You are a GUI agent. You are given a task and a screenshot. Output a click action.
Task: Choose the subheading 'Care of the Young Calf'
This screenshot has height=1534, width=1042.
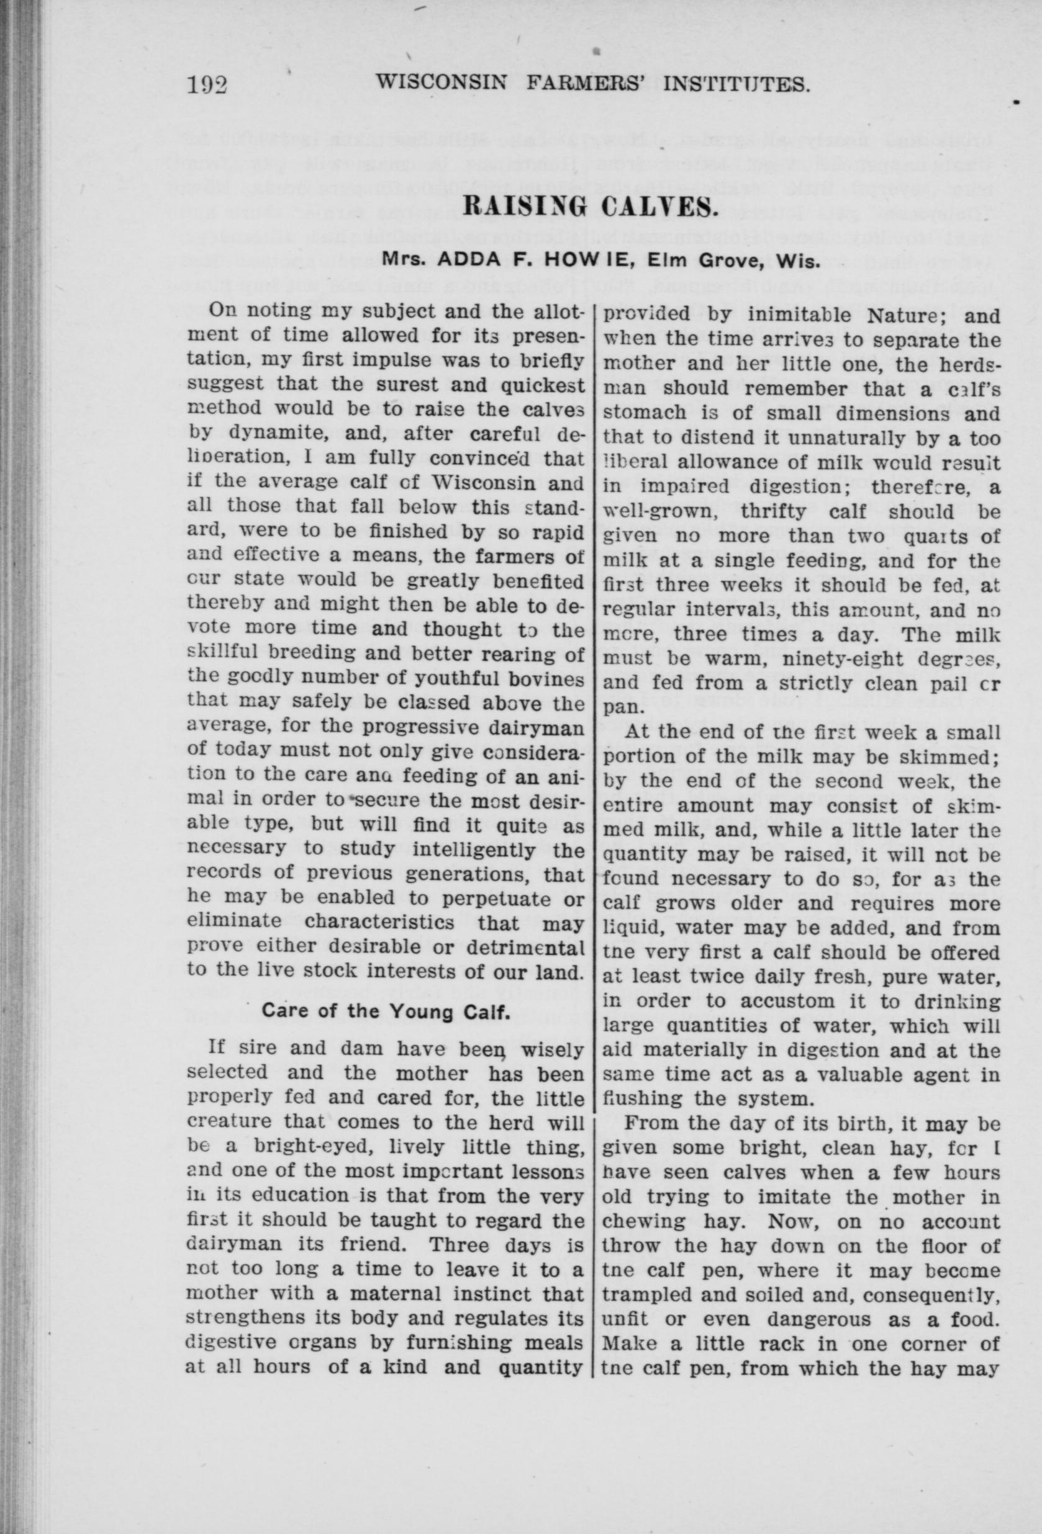(385, 1030)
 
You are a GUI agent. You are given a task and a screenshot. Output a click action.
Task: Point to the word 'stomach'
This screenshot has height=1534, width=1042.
(643, 414)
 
